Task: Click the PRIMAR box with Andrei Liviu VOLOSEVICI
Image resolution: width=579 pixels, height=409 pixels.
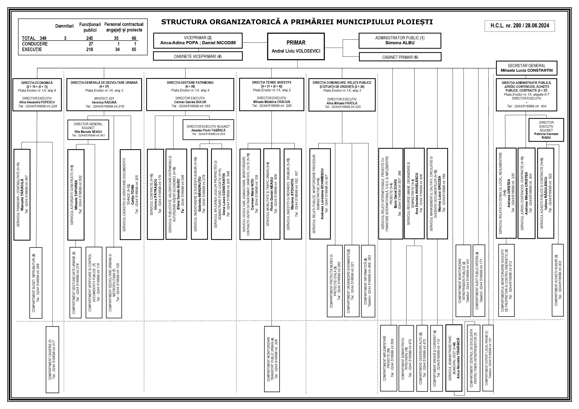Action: (296, 47)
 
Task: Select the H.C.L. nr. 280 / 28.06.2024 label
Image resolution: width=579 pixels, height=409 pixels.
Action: (519, 26)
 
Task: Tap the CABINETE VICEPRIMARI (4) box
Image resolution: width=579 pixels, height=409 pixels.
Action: (198, 56)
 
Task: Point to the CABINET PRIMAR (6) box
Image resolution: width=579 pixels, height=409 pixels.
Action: (400, 57)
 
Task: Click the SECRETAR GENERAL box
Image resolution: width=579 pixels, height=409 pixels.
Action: (526, 68)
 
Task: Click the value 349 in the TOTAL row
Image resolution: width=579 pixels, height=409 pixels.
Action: (43, 38)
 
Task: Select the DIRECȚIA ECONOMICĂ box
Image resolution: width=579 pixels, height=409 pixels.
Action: (37, 94)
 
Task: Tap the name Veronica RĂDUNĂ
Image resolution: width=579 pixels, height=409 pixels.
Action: (104, 102)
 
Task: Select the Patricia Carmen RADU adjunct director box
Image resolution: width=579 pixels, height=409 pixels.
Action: (546, 130)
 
